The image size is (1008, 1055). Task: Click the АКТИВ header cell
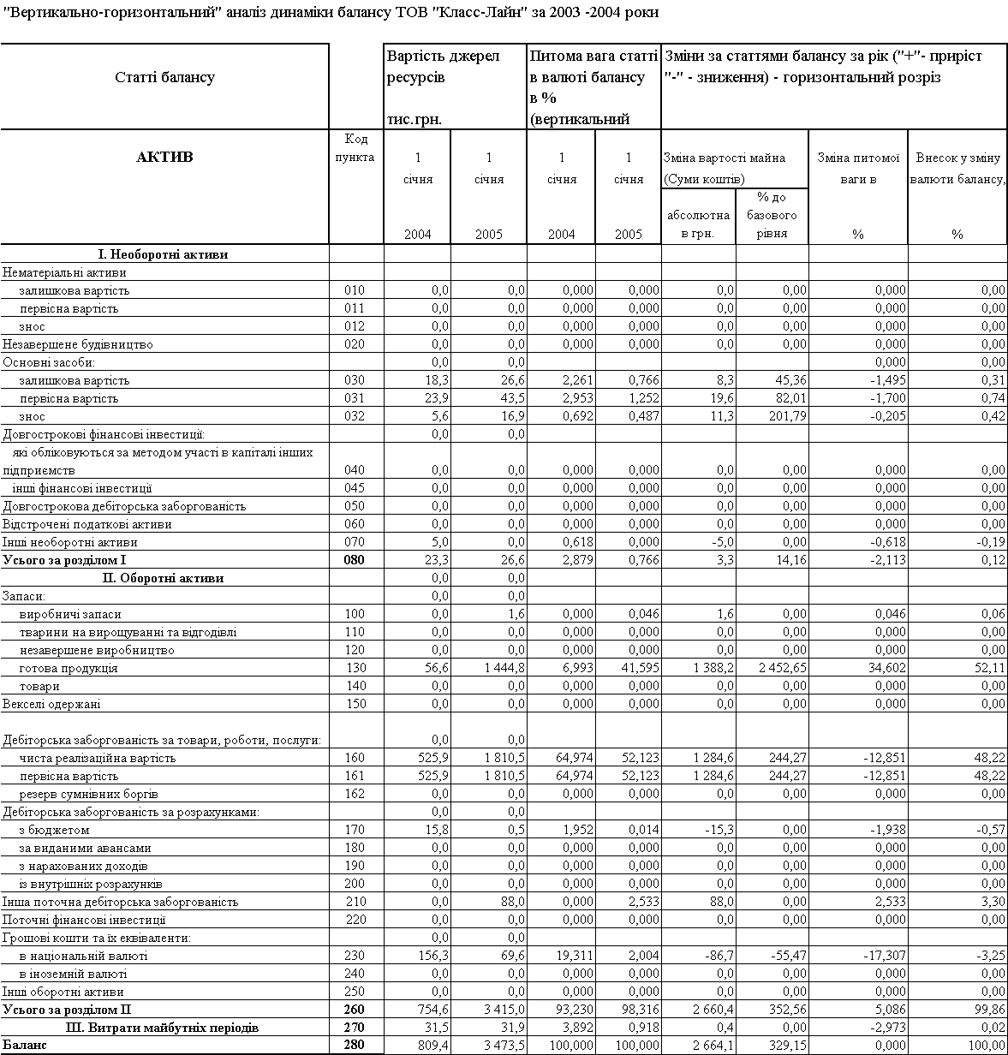(164, 157)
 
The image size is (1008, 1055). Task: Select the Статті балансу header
(164, 77)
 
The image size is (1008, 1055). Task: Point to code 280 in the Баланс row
(355, 1046)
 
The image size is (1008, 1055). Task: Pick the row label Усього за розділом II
(68, 1010)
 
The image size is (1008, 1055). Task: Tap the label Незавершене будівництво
(78, 344)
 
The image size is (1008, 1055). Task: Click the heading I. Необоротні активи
(163, 254)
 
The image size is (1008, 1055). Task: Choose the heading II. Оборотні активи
(163, 578)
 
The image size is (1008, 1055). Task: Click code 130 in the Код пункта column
(355, 668)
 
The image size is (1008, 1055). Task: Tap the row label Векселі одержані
(51, 704)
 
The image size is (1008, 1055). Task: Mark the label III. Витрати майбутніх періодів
(163, 1028)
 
